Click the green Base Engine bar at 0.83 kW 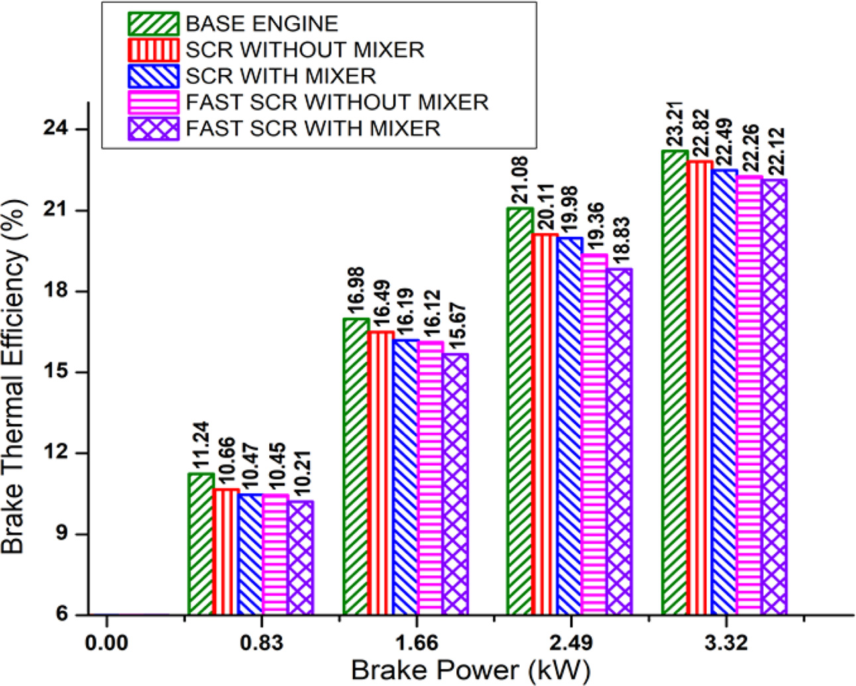[201, 544]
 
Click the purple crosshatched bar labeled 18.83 [619, 441]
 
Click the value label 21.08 [519, 184]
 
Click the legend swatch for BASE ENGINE [153, 24]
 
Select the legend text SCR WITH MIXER [281, 76]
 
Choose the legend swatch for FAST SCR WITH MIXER [153, 128]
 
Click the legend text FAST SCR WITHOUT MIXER [337, 102]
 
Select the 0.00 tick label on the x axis [107, 643]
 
